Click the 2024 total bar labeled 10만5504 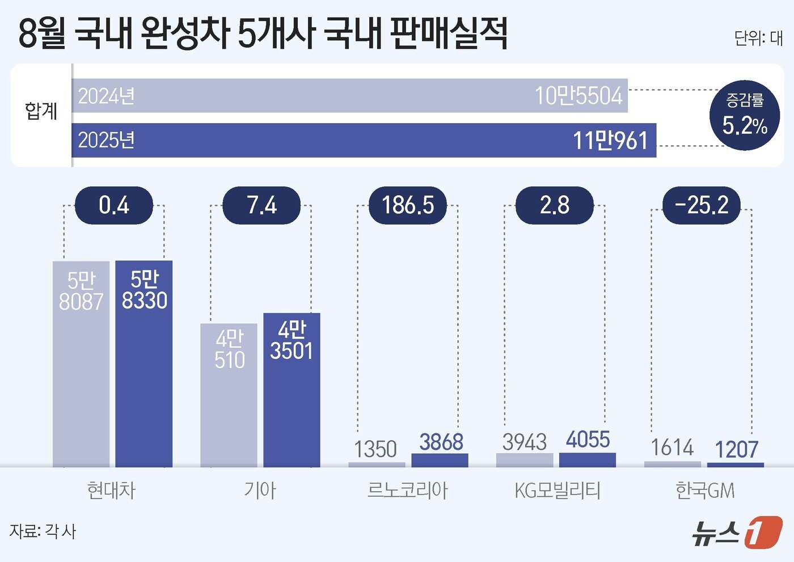tap(349, 96)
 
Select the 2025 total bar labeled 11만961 tap(364, 140)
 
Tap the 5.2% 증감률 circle tap(745, 115)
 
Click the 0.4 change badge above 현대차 tap(114, 205)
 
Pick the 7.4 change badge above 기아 tap(261, 205)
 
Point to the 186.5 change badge tap(408, 205)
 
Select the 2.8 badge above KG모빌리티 tap(554, 205)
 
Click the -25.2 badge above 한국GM tap(702, 205)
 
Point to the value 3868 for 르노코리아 tap(441, 442)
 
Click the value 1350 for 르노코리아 tap(375, 449)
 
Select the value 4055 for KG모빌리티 tap(588, 440)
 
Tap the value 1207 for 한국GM tap(736, 450)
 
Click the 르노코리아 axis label tap(407, 490)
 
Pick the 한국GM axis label tap(705, 490)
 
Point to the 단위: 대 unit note tap(758, 38)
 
